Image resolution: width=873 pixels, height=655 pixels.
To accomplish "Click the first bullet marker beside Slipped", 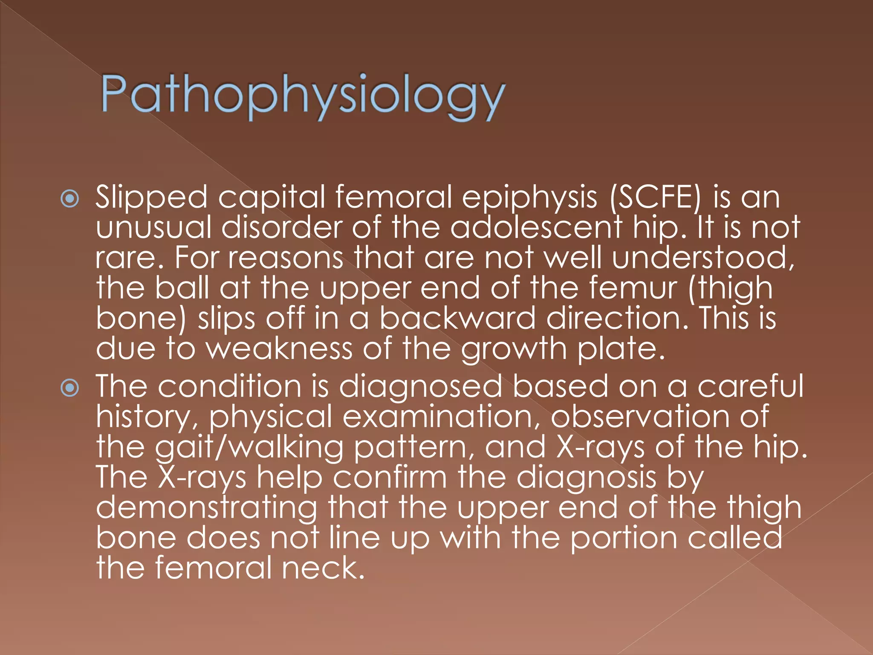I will (70, 199).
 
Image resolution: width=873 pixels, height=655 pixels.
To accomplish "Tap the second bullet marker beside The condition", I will (70, 388).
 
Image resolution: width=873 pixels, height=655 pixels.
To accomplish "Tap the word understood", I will (703, 258).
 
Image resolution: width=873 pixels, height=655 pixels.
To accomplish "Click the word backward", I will (457, 318).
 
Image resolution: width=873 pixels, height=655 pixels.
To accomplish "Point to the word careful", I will (751, 386).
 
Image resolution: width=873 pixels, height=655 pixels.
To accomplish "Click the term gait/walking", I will (249, 448).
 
